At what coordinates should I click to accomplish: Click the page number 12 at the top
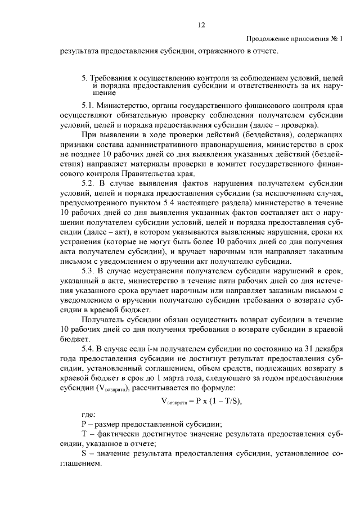pyautogui.click(x=201, y=25)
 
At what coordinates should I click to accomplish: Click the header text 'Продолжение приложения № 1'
pyautogui.click(x=294, y=39)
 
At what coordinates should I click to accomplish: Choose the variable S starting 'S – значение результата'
pyautogui.click(x=84, y=453)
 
